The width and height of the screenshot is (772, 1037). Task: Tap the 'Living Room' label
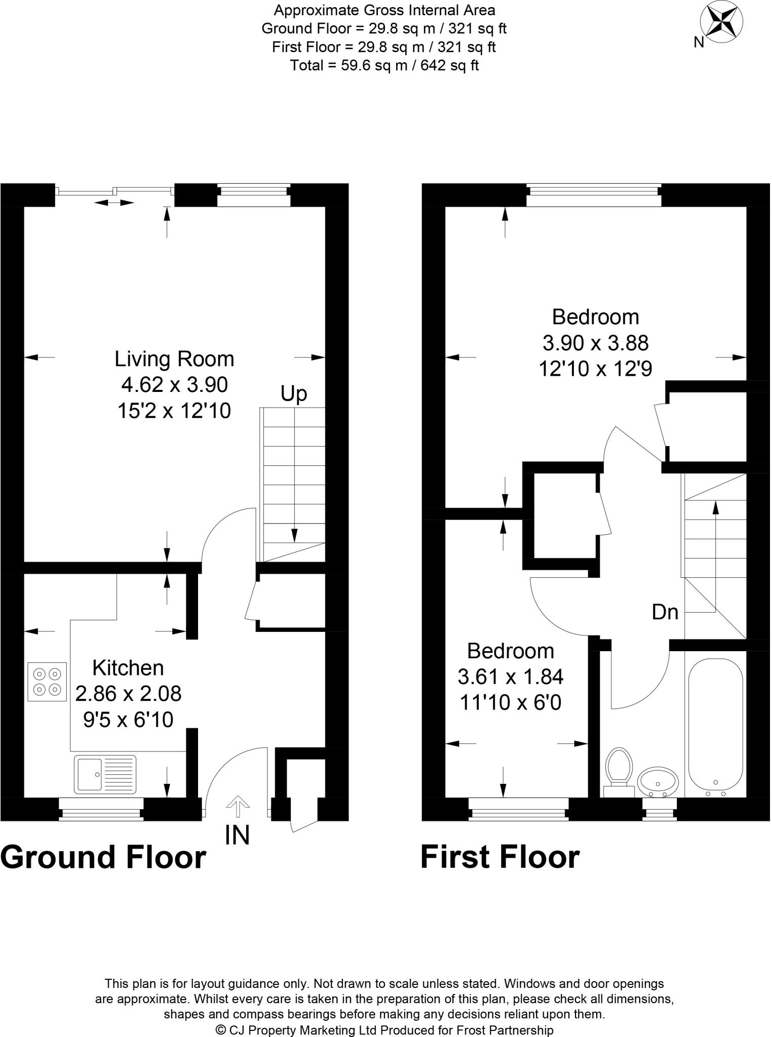[x=174, y=359]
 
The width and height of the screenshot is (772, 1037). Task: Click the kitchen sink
[x=105, y=774]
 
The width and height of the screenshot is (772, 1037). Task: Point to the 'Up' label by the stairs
[x=294, y=393]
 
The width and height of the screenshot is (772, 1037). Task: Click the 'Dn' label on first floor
[x=665, y=612]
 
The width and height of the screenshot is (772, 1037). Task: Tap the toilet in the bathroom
[x=619, y=770]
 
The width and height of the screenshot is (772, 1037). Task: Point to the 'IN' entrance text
[x=237, y=835]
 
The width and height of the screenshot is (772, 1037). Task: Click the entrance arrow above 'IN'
[x=237, y=806]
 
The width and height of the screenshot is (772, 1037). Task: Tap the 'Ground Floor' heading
[x=103, y=857]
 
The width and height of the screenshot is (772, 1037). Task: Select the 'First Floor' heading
[x=499, y=857]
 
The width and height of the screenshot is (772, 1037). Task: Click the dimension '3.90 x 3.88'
[x=595, y=343]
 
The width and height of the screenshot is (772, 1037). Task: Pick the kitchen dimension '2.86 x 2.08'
[x=128, y=693]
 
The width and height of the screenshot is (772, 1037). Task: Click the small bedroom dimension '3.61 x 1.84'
[x=510, y=676]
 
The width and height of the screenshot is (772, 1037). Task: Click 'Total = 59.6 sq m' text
[x=384, y=65]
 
